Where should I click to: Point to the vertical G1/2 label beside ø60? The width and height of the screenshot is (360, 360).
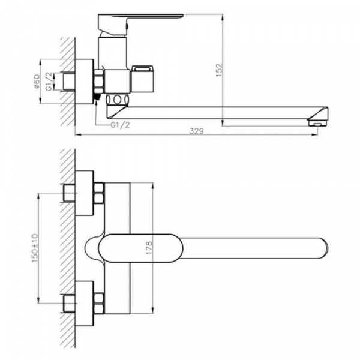[x=53, y=81]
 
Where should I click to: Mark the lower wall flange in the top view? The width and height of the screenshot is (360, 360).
[x=85, y=303]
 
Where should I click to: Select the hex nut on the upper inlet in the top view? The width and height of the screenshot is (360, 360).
[x=99, y=193]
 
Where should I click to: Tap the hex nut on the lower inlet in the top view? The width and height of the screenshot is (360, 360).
[x=99, y=303]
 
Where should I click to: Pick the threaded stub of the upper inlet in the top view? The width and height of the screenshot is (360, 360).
[x=68, y=193]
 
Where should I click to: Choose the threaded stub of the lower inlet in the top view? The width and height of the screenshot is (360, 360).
[x=68, y=303]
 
